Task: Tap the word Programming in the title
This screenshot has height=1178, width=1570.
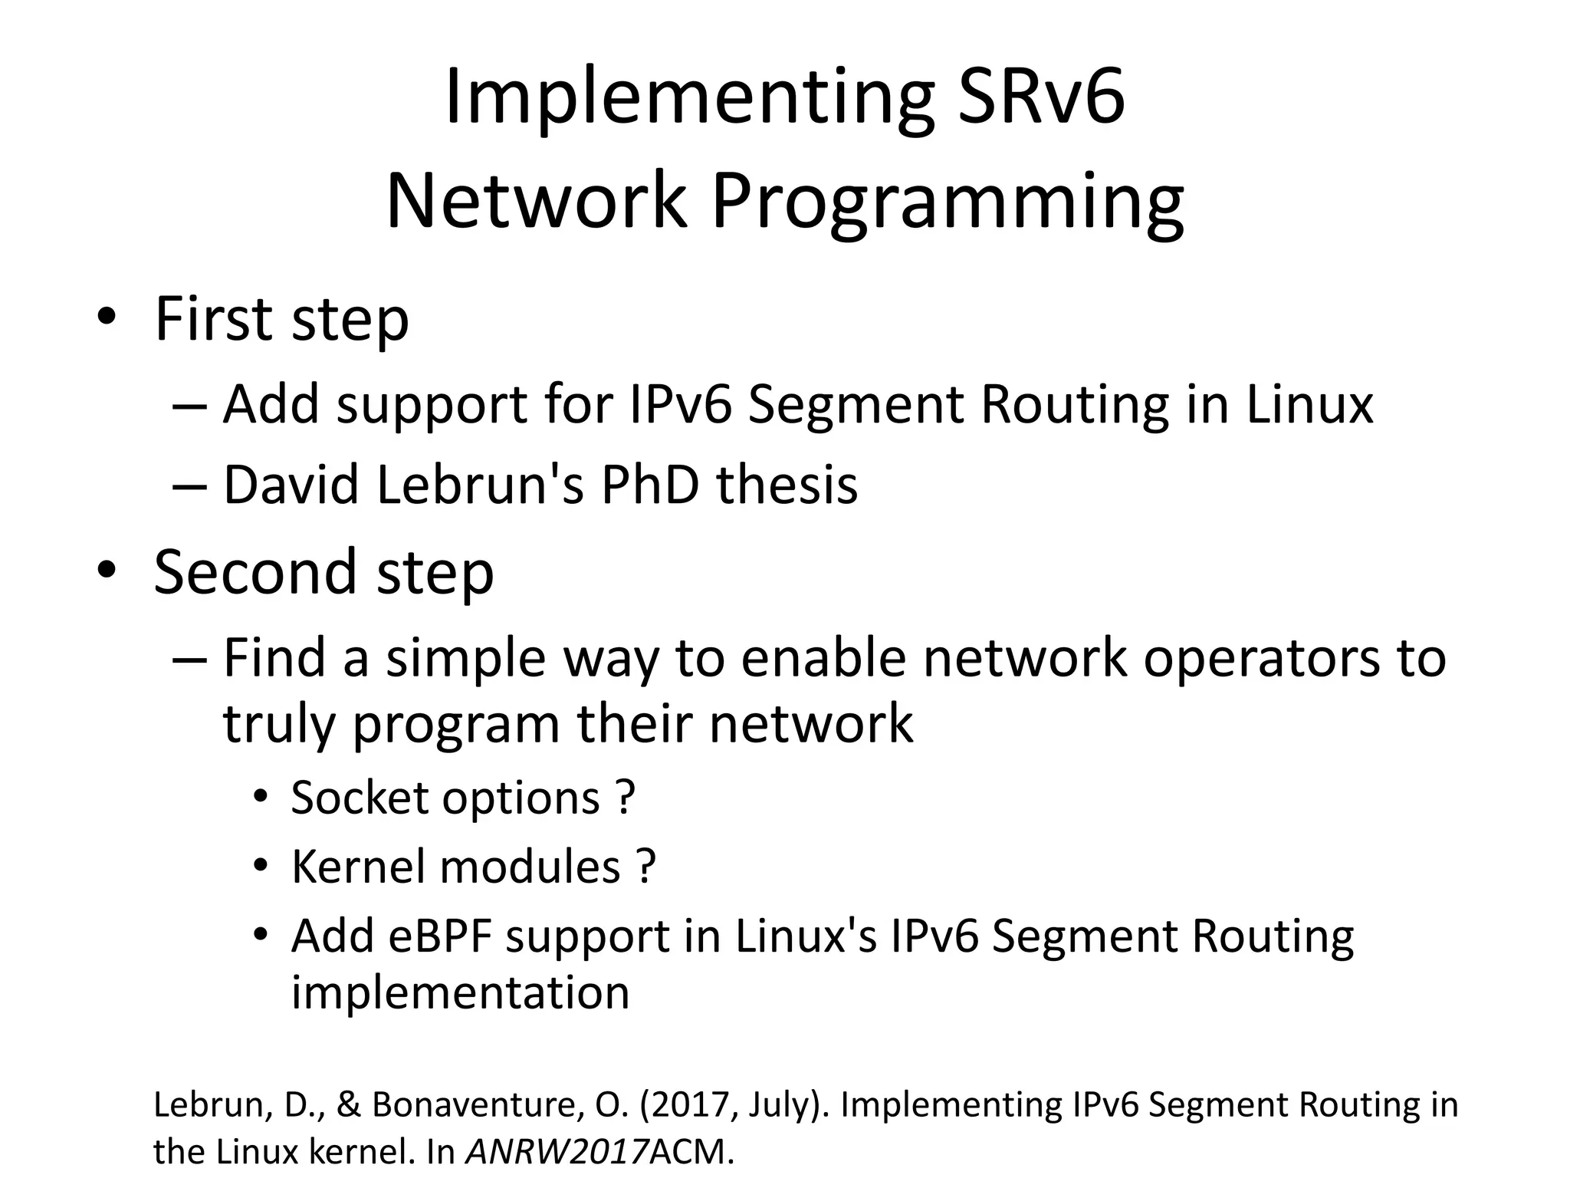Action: point(948,201)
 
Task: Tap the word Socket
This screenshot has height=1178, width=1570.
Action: point(360,798)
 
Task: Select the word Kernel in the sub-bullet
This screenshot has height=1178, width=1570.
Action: point(357,867)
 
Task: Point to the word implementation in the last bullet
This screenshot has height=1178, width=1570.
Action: point(460,992)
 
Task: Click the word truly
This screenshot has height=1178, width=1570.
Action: point(278,725)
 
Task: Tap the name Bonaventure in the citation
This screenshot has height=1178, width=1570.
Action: point(478,1105)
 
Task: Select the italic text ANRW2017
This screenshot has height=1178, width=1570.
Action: point(557,1151)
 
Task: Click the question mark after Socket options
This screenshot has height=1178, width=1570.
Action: point(625,798)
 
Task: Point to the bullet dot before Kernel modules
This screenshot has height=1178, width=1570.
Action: point(261,867)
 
